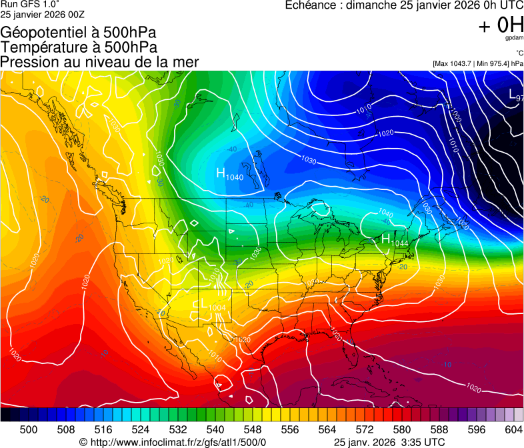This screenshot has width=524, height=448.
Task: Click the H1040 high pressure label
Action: pyautogui.click(x=229, y=175)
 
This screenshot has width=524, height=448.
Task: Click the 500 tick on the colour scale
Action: pyautogui.click(x=29, y=429)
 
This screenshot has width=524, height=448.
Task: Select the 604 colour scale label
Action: pyautogui.click(x=513, y=429)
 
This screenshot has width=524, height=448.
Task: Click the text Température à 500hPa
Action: pyautogui.click(x=79, y=47)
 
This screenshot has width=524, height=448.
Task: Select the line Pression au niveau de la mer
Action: pyautogui.click(x=99, y=62)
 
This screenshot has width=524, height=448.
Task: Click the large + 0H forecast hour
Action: pyautogui.click(x=501, y=26)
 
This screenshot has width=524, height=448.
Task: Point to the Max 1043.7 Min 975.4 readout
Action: pyautogui.click(x=477, y=63)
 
